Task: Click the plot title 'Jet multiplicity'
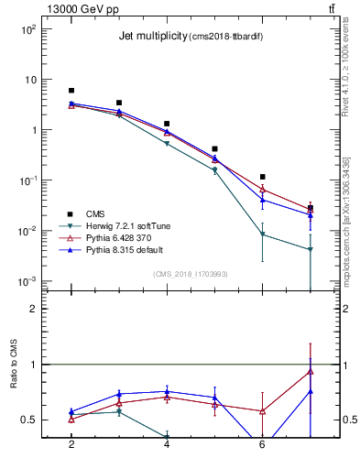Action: [152, 37]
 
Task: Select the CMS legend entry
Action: [95, 213]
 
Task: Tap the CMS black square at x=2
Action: [71, 91]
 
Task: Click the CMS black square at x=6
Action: [263, 177]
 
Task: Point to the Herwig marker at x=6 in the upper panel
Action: [263, 234]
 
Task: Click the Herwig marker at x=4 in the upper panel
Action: [167, 144]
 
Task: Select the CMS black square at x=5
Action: [214, 148]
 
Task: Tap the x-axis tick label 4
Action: [167, 444]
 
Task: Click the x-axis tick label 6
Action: [263, 444]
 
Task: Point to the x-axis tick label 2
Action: [71, 444]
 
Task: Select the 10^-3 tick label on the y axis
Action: [29, 281]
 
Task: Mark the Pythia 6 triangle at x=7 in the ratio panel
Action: [311, 371]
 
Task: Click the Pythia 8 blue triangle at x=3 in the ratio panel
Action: [119, 394]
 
